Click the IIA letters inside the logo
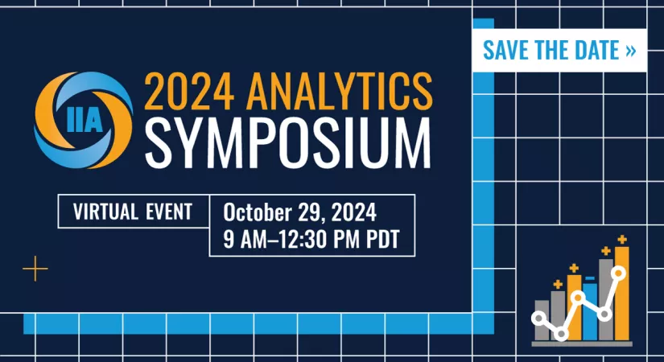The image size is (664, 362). [85, 121]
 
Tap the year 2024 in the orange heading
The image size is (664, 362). [189, 92]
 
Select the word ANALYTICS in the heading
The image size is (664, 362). [339, 92]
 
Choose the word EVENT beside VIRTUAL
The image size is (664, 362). [169, 212]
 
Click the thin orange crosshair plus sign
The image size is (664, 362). [35, 269]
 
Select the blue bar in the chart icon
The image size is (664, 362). [590, 311]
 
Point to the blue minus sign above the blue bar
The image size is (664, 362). [590, 278]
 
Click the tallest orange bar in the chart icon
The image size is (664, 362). [621, 294]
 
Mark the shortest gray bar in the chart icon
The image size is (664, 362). [542, 320]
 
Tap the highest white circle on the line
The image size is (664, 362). [618, 274]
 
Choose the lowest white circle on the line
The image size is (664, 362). [561, 334]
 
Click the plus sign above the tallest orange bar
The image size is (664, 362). [621, 240]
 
